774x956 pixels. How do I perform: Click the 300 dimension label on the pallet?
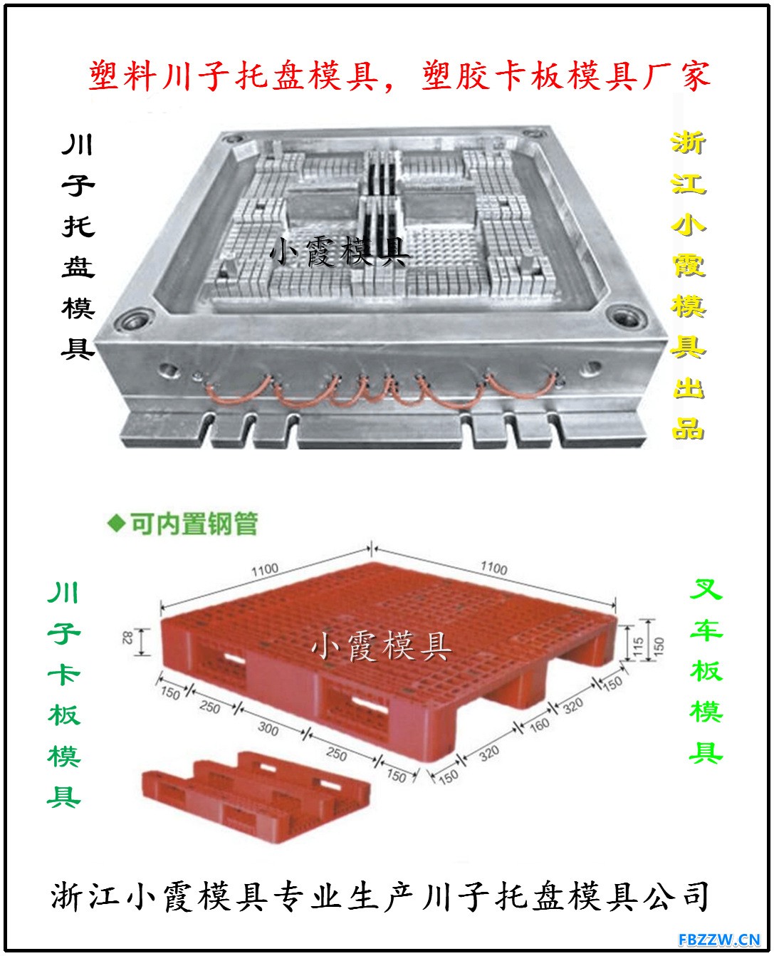(268, 728)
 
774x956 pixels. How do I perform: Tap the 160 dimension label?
(539, 724)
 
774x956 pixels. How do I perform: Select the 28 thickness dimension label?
(127, 638)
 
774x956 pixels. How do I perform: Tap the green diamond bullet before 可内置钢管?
(116, 524)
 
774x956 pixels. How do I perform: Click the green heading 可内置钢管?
(194, 524)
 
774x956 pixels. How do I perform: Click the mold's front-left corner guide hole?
(133, 321)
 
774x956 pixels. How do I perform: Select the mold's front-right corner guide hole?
(626, 317)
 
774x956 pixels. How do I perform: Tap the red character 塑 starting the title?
(105, 75)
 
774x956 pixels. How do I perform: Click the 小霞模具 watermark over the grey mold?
(339, 251)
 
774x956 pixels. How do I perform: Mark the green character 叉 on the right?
(706, 588)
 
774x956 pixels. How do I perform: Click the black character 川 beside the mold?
(78, 145)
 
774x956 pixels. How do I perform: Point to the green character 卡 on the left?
(63, 674)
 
